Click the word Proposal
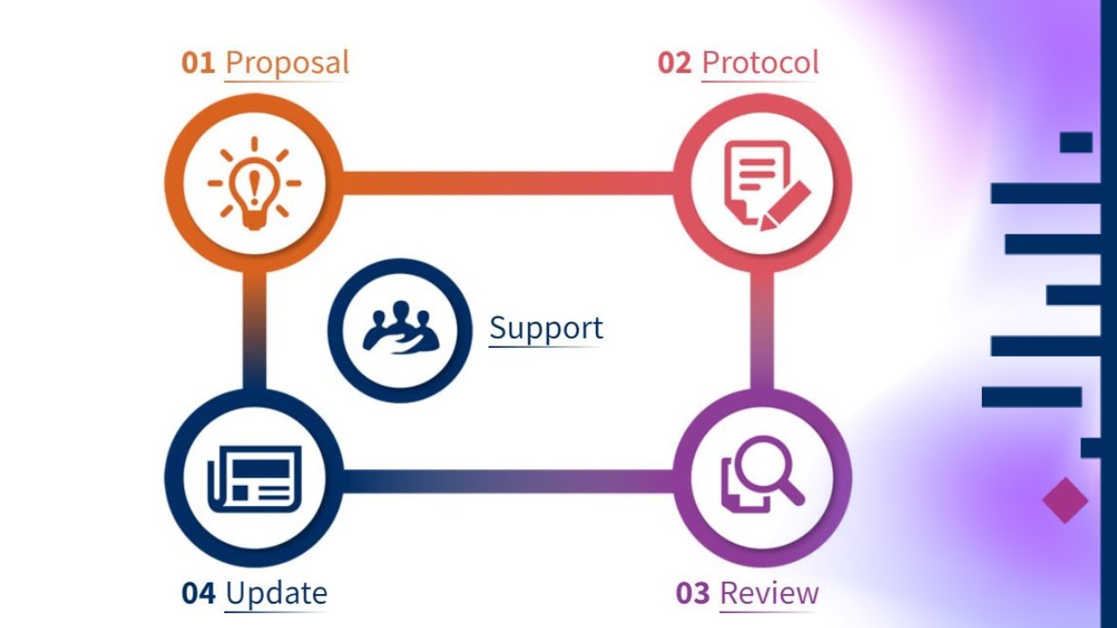[287, 63]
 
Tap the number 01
[198, 63]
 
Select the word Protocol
[760, 63]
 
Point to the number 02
[674, 63]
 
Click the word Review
[769, 593]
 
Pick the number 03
[693, 593]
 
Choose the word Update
[277, 593]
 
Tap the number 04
[198, 593]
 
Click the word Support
[546, 328]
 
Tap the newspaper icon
[254, 478]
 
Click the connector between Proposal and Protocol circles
[509, 183]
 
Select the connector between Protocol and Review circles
[762, 330]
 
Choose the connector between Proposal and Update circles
[254, 330]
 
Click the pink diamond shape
[1066, 500]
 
